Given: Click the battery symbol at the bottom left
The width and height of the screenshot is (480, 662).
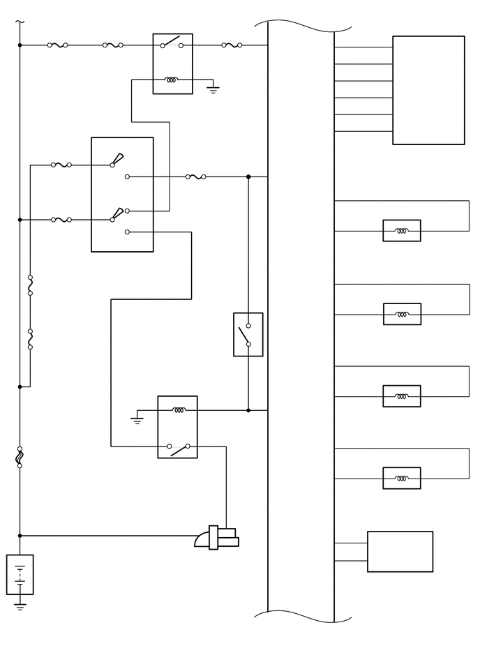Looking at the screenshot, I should [x=20, y=574].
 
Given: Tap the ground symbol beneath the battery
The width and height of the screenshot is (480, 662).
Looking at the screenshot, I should [x=20, y=607].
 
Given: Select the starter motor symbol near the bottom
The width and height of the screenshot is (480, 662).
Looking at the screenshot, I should [x=217, y=538].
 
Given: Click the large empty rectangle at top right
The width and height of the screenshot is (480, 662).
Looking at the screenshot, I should [x=428, y=90].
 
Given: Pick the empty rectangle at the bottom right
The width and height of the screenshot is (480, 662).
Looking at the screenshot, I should [x=400, y=552].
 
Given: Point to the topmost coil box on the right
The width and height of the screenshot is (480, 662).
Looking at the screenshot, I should [x=402, y=231].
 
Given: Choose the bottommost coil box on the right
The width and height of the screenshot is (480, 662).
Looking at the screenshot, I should [x=402, y=479].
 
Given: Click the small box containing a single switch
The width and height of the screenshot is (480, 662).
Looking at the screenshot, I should [x=248, y=335].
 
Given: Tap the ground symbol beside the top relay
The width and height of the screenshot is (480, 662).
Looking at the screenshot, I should [x=213, y=89].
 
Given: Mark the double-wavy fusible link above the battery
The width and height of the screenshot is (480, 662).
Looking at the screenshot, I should [x=20, y=457].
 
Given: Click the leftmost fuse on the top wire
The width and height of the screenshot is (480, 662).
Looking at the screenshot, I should [x=57, y=45].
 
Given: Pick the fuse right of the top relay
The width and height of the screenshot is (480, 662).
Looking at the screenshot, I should [x=232, y=45].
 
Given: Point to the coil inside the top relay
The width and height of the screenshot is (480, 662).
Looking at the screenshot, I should [x=171, y=80].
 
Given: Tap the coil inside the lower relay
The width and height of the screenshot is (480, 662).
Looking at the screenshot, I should [x=179, y=410].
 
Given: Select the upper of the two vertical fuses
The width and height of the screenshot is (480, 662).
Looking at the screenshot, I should [x=30, y=285].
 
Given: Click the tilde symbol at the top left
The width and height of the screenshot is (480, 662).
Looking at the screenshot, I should [x=20, y=22].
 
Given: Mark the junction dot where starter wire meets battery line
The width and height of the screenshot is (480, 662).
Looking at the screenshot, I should [x=20, y=536].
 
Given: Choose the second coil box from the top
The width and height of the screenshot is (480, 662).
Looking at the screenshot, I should [x=402, y=314].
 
